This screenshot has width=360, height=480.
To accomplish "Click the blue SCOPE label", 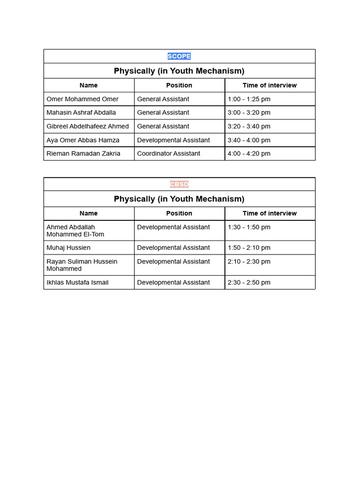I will point(179,56).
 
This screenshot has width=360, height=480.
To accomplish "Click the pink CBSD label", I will point(179,184).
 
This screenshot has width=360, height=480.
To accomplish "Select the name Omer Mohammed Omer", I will point(82,99).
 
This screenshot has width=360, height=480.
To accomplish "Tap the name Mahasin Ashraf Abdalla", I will point(81,112).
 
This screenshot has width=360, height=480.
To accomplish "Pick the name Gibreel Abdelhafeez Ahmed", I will point(88,126).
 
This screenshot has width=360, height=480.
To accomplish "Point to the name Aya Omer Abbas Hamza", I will point(83,140).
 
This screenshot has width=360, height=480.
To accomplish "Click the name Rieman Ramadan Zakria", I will point(83,153).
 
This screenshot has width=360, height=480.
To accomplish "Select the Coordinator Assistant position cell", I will point(169,153).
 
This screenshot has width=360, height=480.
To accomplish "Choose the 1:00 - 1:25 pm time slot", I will point(249,99).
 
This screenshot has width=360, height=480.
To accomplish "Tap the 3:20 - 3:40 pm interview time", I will point(249,126).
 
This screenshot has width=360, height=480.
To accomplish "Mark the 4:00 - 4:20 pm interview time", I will point(249,153).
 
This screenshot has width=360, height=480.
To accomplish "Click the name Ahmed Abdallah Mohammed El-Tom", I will point(75,231).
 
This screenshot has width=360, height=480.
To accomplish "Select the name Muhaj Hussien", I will point(68,247).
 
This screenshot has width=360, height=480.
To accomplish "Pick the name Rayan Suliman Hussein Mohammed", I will point(82,265).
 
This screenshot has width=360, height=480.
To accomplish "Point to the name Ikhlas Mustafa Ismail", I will point(78,282).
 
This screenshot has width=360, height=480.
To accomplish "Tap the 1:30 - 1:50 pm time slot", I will point(249,227).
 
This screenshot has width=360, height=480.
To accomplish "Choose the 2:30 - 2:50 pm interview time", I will point(249,282).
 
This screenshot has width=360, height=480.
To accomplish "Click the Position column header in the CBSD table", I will point(179,213).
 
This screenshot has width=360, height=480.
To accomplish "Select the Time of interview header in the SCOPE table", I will point(270,85).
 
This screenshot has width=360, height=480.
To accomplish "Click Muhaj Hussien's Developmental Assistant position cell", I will point(173,247).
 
